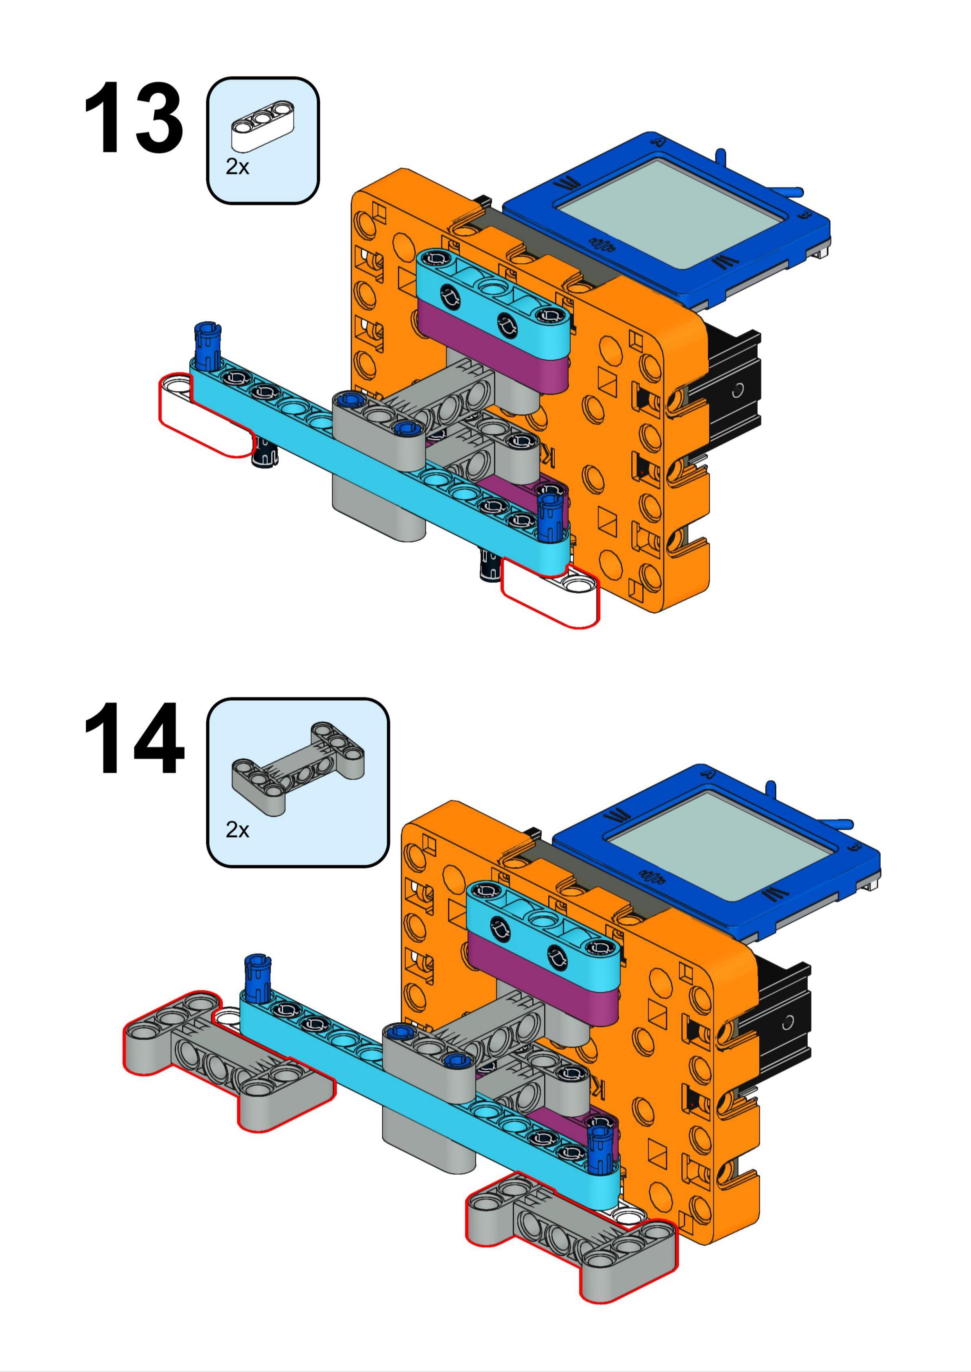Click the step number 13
point(133,118)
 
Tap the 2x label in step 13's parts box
point(237,167)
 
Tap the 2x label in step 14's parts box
point(237,830)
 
